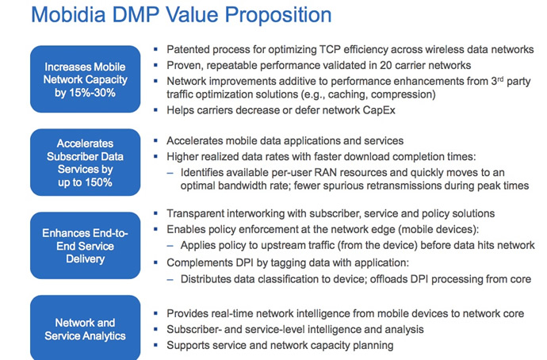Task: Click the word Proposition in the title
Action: pos(278,16)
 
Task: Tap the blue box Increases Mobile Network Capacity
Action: pos(85,79)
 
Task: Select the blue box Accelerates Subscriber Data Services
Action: pos(85,163)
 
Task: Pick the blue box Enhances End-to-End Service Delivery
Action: pos(85,246)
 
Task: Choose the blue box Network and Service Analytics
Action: pos(85,328)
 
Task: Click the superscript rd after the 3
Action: pos(500,79)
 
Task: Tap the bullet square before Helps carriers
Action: pos(155,110)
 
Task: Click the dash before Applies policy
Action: pos(170,246)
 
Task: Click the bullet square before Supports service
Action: pos(155,346)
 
